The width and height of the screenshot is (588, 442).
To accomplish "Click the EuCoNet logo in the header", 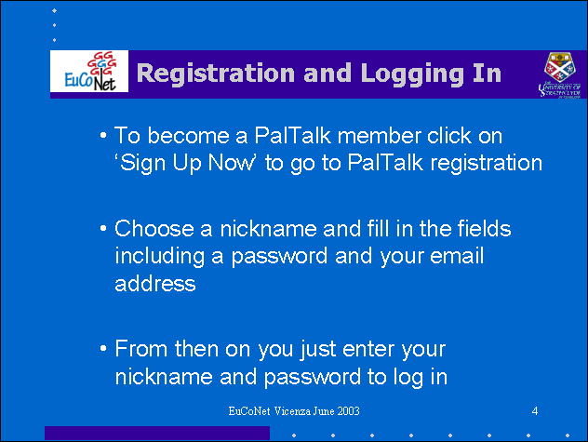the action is (x=89, y=72).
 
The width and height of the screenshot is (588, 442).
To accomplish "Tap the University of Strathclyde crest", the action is (x=559, y=74).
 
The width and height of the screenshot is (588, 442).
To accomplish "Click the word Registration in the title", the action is (x=216, y=74).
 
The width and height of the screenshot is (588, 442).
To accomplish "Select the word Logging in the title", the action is (x=412, y=74).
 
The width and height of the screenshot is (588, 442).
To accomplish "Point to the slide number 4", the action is (x=535, y=411).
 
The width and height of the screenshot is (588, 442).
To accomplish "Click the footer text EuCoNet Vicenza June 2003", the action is (x=294, y=411).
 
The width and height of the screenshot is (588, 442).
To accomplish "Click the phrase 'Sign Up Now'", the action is (x=186, y=164).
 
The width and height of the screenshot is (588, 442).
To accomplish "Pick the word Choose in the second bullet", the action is (x=154, y=229).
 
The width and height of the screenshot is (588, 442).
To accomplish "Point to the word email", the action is (x=457, y=256).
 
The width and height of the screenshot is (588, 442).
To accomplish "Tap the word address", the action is (x=154, y=283).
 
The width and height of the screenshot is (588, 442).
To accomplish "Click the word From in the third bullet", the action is (x=141, y=349).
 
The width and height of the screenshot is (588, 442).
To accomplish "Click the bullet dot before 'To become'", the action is (x=103, y=136).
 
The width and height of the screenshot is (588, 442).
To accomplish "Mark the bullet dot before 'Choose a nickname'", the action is (x=103, y=229).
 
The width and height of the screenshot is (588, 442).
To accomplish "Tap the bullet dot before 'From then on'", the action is (x=103, y=349).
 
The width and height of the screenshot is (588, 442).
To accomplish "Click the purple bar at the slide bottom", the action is (x=157, y=433).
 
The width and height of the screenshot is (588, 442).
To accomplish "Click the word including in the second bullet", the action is (x=160, y=257).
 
